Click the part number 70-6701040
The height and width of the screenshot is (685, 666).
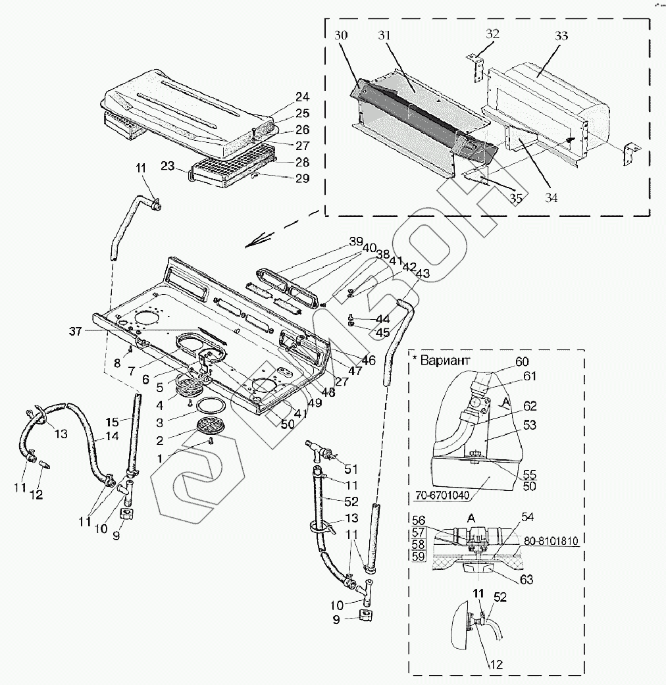tap(442, 495)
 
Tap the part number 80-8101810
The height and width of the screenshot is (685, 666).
tap(551, 541)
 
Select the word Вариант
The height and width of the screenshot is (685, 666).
tap(445, 361)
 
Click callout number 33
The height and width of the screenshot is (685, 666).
tap(561, 36)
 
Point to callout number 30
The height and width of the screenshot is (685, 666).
tap(341, 35)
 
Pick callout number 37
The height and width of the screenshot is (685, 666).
tap(75, 332)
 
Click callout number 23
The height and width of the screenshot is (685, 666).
tap(167, 166)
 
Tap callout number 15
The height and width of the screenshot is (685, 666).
tap(113, 422)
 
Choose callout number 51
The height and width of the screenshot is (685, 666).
tap(351, 469)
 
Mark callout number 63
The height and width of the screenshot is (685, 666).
tap(526, 579)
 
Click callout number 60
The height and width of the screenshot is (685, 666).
tap(523, 362)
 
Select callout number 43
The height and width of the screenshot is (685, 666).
tap(423, 274)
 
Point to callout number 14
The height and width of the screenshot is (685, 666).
tap(112, 436)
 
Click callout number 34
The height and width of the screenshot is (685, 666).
tap(551, 198)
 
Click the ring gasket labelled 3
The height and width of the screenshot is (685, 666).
tap(211, 406)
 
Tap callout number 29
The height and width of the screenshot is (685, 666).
tap(303, 178)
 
